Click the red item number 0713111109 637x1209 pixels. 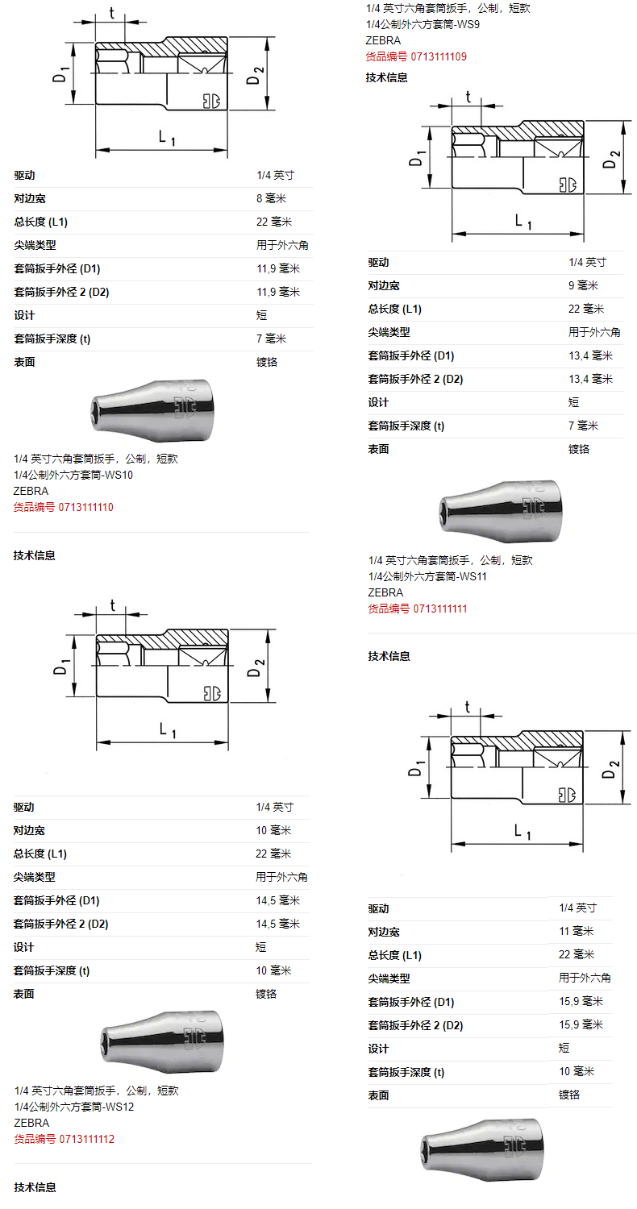click(x=416, y=56)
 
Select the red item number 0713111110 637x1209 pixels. click(x=64, y=507)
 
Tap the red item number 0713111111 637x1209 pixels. click(x=418, y=609)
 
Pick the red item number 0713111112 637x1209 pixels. click(x=65, y=1140)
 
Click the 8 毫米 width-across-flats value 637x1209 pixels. click(x=272, y=198)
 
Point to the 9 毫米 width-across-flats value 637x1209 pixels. click(x=584, y=285)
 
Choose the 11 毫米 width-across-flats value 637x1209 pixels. click(x=577, y=931)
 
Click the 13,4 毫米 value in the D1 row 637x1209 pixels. click(x=590, y=355)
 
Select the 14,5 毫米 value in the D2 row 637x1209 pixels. click(x=278, y=924)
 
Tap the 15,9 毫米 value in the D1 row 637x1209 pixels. click(x=581, y=1001)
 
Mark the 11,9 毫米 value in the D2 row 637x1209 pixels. click(x=278, y=292)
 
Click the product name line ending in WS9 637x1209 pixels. click(x=423, y=24)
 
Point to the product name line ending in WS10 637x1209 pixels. click(x=73, y=475)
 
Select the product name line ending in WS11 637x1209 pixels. click(x=427, y=576)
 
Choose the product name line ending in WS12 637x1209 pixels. click(x=74, y=1107)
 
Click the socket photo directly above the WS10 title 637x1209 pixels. click(x=152, y=410)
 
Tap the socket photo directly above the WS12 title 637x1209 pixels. click(x=162, y=1042)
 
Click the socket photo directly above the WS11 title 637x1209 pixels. click(x=501, y=511)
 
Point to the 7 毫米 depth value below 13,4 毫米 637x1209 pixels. click(x=584, y=426)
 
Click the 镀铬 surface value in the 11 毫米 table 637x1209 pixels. click(x=569, y=1095)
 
